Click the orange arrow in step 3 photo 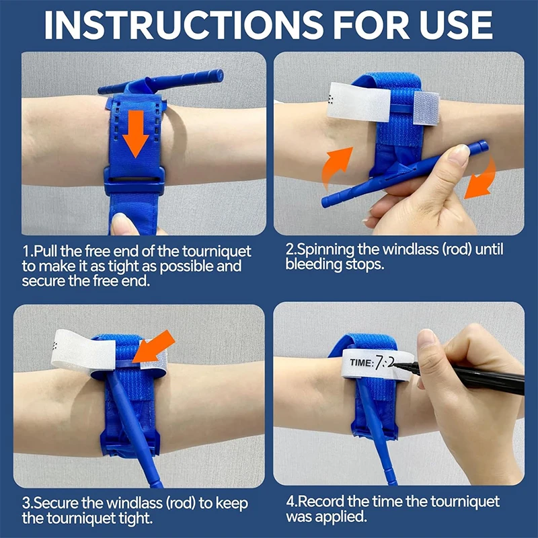[155, 346]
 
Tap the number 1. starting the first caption [27, 252]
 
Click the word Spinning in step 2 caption [321, 250]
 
